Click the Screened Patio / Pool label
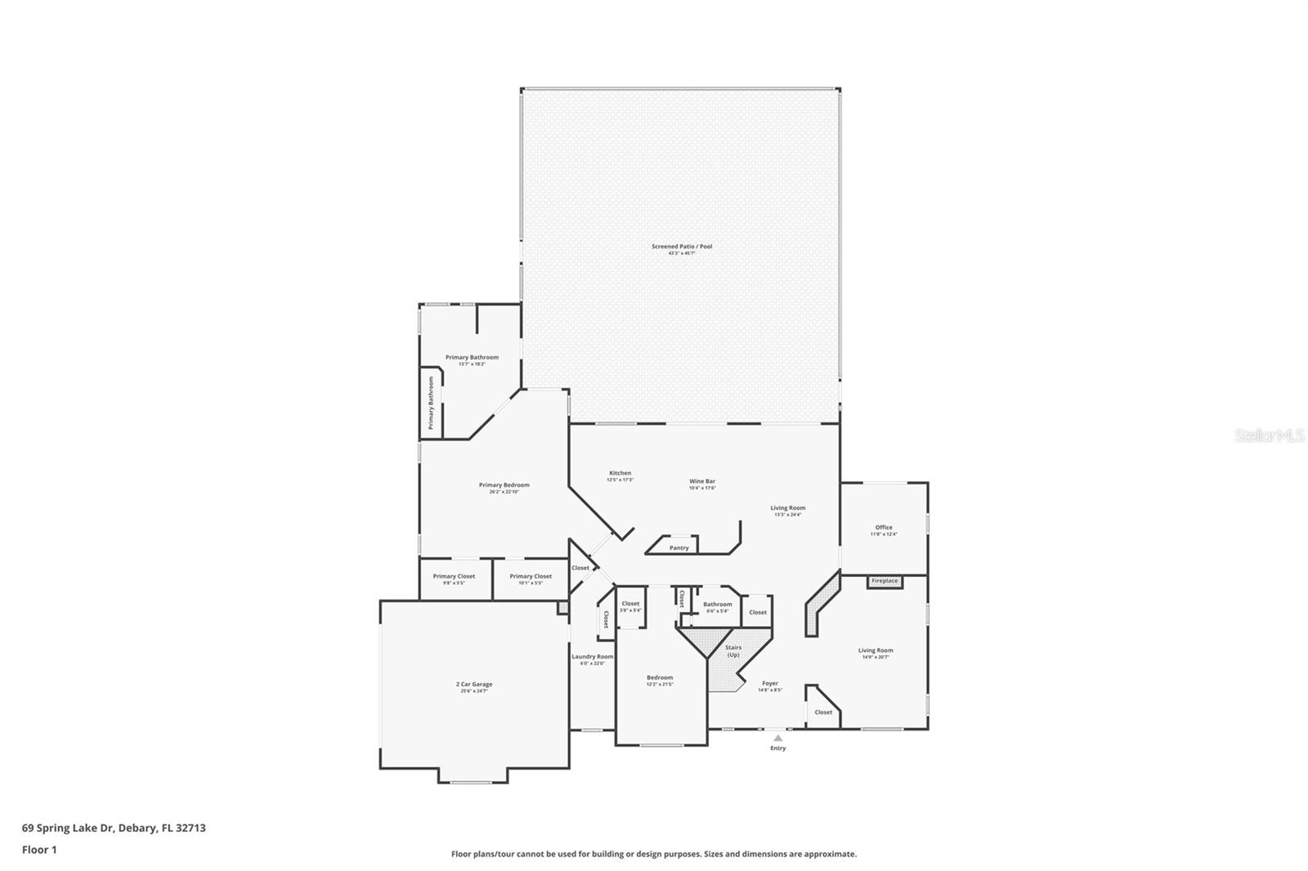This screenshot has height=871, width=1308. pyautogui.click(x=681, y=247)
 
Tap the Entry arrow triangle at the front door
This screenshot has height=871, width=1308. pyautogui.click(x=777, y=738)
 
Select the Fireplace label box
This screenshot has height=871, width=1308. pyautogui.click(x=885, y=581)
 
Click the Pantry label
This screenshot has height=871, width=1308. pyautogui.click(x=679, y=547)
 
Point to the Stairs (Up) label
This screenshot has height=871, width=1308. pyautogui.click(x=733, y=651)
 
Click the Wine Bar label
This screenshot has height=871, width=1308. pyautogui.click(x=702, y=482)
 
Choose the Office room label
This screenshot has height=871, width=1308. pyautogui.click(x=884, y=528)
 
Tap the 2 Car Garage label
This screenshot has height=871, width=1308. pyautogui.click(x=474, y=685)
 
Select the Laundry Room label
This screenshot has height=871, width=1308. pyautogui.click(x=592, y=657)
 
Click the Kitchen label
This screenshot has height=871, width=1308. pyautogui.click(x=620, y=474)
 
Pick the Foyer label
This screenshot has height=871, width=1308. pyautogui.click(x=770, y=684)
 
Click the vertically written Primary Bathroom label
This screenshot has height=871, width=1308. pyautogui.click(x=431, y=403)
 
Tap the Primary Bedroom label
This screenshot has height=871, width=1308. pyautogui.click(x=504, y=485)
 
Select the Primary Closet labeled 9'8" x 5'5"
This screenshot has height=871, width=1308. pyautogui.click(x=454, y=577)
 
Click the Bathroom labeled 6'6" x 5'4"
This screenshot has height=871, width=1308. pyautogui.click(x=717, y=605)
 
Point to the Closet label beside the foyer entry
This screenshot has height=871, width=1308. pyautogui.click(x=823, y=712)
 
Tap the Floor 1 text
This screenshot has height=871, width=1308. pyautogui.click(x=39, y=850)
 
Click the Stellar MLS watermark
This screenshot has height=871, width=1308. pyautogui.click(x=1269, y=436)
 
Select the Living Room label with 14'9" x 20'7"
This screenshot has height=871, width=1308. pyautogui.click(x=875, y=651)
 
